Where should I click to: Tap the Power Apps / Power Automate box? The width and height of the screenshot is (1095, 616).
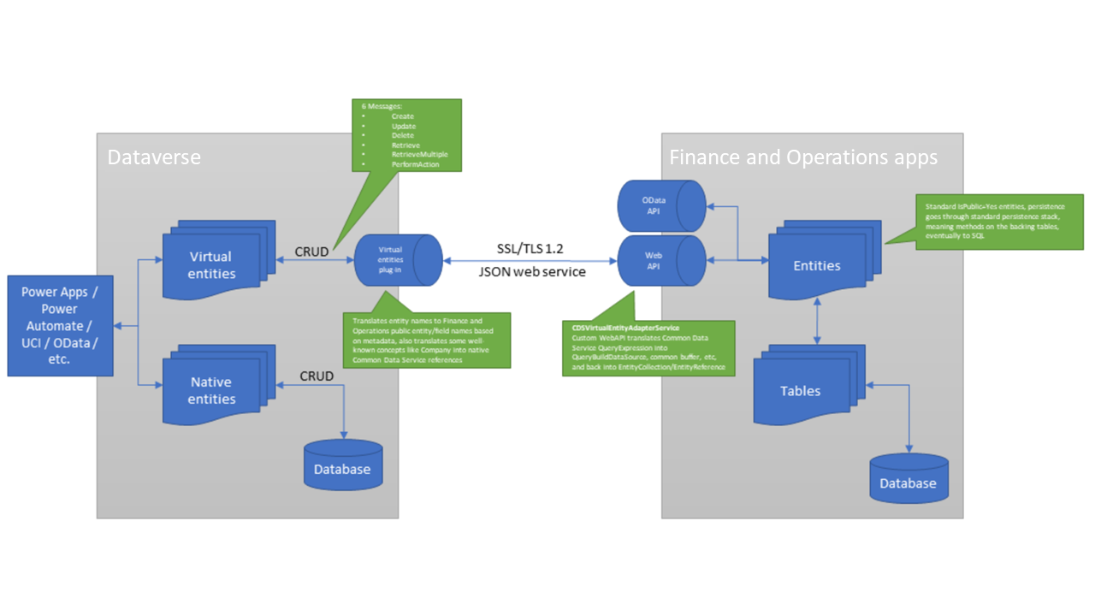[x=60, y=325]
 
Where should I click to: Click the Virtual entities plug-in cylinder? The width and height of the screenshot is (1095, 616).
[x=398, y=260]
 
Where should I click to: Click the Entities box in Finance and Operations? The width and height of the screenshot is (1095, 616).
[x=816, y=265]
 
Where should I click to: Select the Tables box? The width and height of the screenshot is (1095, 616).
[x=800, y=390]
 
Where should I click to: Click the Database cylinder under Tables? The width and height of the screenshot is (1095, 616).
[x=909, y=478]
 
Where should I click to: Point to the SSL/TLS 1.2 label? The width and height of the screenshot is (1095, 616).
[x=531, y=247]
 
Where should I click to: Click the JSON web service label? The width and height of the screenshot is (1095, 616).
[x=531, y=272]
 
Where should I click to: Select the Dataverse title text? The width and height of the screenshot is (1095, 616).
[x=154, y=157]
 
